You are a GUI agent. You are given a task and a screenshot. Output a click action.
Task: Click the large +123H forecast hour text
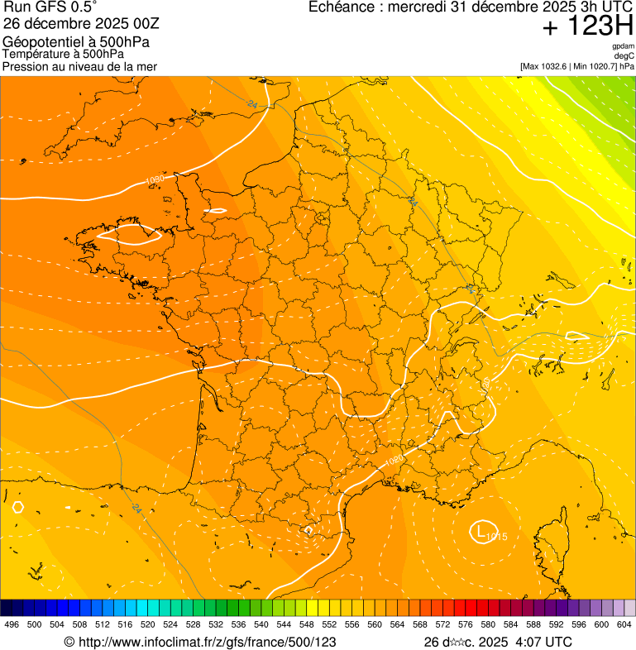pos(587,26)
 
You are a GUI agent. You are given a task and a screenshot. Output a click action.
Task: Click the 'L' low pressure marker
pos(481,530)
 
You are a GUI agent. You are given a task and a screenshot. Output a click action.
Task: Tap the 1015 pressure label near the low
pos(496,538)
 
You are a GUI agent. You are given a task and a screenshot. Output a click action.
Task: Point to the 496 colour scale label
pos(12,624)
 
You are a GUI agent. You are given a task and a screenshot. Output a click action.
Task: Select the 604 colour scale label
pos(624,624)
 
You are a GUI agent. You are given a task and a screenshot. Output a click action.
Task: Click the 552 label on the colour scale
pos(329,624)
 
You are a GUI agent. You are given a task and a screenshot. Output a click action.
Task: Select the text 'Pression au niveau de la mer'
pos(79,66)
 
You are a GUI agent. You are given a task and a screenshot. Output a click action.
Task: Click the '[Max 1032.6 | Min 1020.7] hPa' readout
pos(576,65)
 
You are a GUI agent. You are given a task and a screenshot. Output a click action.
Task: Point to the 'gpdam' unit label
pos(623,46)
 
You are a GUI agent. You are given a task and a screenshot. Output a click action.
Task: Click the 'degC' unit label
pos(624,55)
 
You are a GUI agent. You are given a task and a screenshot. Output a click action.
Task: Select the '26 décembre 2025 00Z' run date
pos(81,23)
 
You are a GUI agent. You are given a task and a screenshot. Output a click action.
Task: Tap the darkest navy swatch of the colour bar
pos(7,607)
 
